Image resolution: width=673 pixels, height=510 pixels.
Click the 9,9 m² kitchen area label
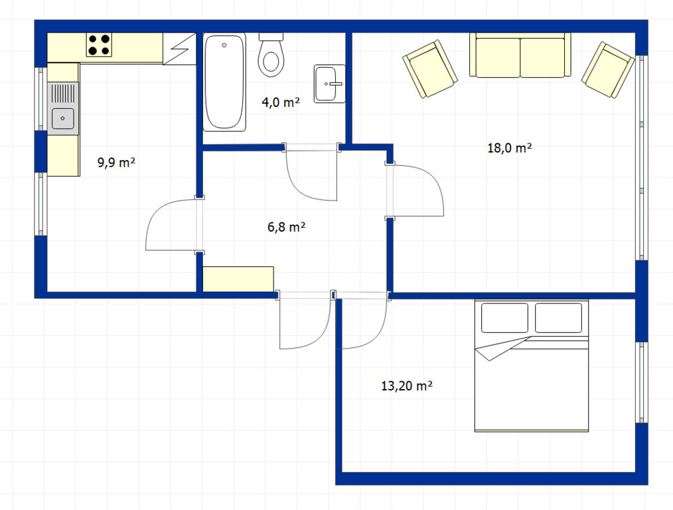coord(117,163)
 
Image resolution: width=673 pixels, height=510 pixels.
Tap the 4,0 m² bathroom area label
coord(280,102)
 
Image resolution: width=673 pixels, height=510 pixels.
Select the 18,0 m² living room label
coord(510,148)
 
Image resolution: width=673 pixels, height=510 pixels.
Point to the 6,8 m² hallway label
coord(286,226)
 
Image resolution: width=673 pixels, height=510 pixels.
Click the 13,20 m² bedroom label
coord(406,386)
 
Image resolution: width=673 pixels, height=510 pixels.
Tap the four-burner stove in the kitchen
coord(99,44)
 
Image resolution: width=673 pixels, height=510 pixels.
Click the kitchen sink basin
coord(62,118)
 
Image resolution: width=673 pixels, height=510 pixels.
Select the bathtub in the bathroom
coord(224,82)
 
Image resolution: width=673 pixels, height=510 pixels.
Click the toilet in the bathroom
coord(271,55)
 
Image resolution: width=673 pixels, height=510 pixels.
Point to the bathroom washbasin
coord(329,84)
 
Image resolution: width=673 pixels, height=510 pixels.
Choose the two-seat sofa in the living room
coord(520,55)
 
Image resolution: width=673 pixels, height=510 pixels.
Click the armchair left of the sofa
coord(429,68)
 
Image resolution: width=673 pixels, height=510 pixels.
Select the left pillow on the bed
coord(504,317)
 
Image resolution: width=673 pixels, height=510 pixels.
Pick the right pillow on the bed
coord(558,317)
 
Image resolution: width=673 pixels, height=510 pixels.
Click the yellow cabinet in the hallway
coord(238,279)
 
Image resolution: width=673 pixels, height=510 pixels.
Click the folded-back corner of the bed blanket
coord(498,349)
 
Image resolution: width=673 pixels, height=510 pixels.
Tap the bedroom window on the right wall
coord(641,382)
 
